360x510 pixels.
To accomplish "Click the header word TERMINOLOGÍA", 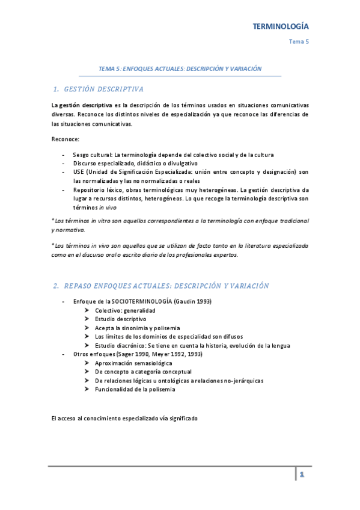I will [280, 26].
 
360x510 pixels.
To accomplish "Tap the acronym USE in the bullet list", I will [79, 172].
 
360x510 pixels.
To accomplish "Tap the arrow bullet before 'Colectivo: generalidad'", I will [88, 310].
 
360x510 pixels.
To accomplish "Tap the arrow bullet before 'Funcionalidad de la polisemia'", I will [88, 389].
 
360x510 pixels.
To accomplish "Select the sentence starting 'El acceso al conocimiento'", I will [124, 418].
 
